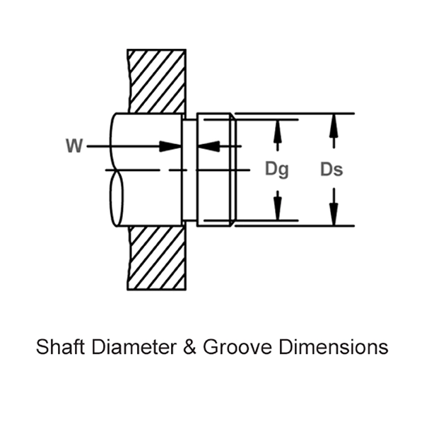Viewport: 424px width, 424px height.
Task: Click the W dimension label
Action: click(x=73, y=146)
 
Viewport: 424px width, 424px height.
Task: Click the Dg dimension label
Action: click(x=276, y=170)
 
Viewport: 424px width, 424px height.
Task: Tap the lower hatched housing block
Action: click(x=158, y=259)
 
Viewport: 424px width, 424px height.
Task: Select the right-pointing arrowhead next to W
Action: click(x=170, y=146)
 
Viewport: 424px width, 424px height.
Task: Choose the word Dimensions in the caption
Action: click(x=332, y=348)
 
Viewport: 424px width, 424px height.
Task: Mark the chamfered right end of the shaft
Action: click(x=231, y=170)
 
